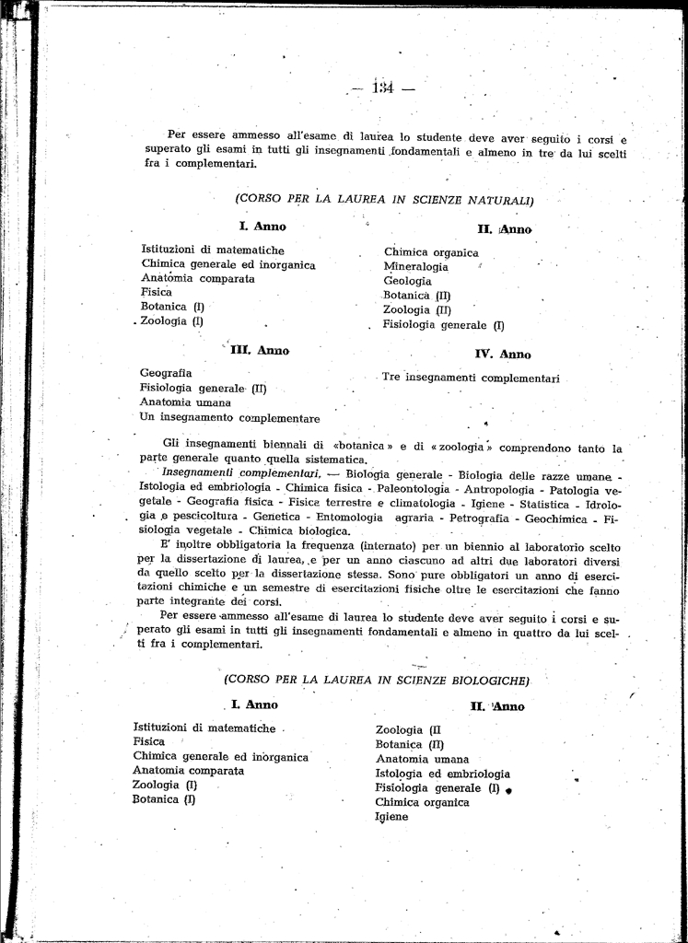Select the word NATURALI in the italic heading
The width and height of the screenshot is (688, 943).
pos(500,199)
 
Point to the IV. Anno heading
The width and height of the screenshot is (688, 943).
pos(503,355)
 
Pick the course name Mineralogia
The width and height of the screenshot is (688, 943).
pos(416,267)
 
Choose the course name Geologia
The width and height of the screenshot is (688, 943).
pos(407,281)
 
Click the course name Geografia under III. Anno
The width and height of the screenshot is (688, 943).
pos(166,373)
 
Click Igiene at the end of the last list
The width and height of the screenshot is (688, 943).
pos(391,817)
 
